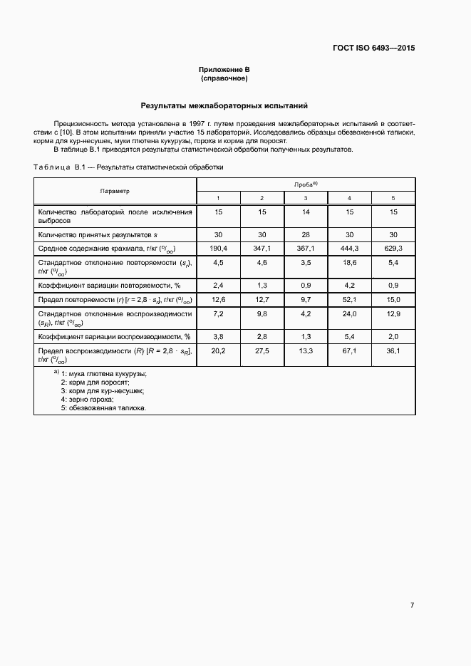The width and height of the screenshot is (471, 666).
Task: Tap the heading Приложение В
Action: tap(224, 69)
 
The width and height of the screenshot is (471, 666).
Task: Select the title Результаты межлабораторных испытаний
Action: tap(224, 105)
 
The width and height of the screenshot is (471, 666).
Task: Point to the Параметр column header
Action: tap(115, 191)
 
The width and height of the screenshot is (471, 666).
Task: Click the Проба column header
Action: tap(306, 184)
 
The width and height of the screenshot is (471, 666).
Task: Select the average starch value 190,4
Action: tap(218, 248)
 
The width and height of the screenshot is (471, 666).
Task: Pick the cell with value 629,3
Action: tap(393, 248)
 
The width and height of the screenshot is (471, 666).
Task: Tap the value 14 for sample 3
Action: tap(306, 212)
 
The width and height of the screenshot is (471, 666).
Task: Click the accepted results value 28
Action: tap(306, 234)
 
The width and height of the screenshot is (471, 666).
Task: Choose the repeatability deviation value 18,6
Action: tap(349, 263)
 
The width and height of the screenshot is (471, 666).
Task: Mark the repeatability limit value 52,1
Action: tap(349, 299)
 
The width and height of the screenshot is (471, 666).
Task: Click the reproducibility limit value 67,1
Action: tap(349, 350)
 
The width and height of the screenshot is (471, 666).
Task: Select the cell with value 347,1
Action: tap(262, 248)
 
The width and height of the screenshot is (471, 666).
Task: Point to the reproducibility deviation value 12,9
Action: tap(393, 314)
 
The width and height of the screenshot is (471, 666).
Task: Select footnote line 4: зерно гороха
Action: tap(87, 400)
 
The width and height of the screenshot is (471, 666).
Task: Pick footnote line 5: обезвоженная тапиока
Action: tap(103, 408)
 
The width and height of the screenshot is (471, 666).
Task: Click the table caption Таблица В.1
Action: tap(128, 167)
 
